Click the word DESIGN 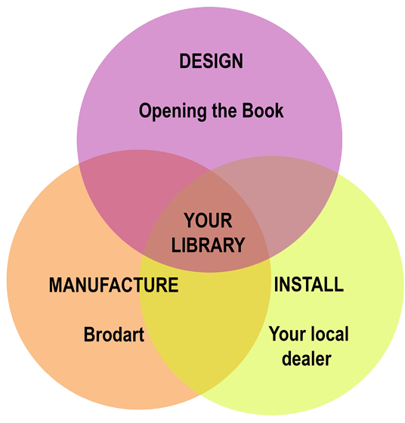211,61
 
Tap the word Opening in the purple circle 173,111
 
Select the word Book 262,110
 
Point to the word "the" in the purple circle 224,110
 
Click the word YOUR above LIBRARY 208,221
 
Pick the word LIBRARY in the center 208,245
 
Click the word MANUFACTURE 113,285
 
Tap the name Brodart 114,335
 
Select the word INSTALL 309,284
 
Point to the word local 329,334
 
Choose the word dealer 307,359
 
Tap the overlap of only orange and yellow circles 205,324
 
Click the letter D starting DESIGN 185,61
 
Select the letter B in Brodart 90,335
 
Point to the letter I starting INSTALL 276,284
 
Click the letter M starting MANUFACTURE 57,285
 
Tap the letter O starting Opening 146,110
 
